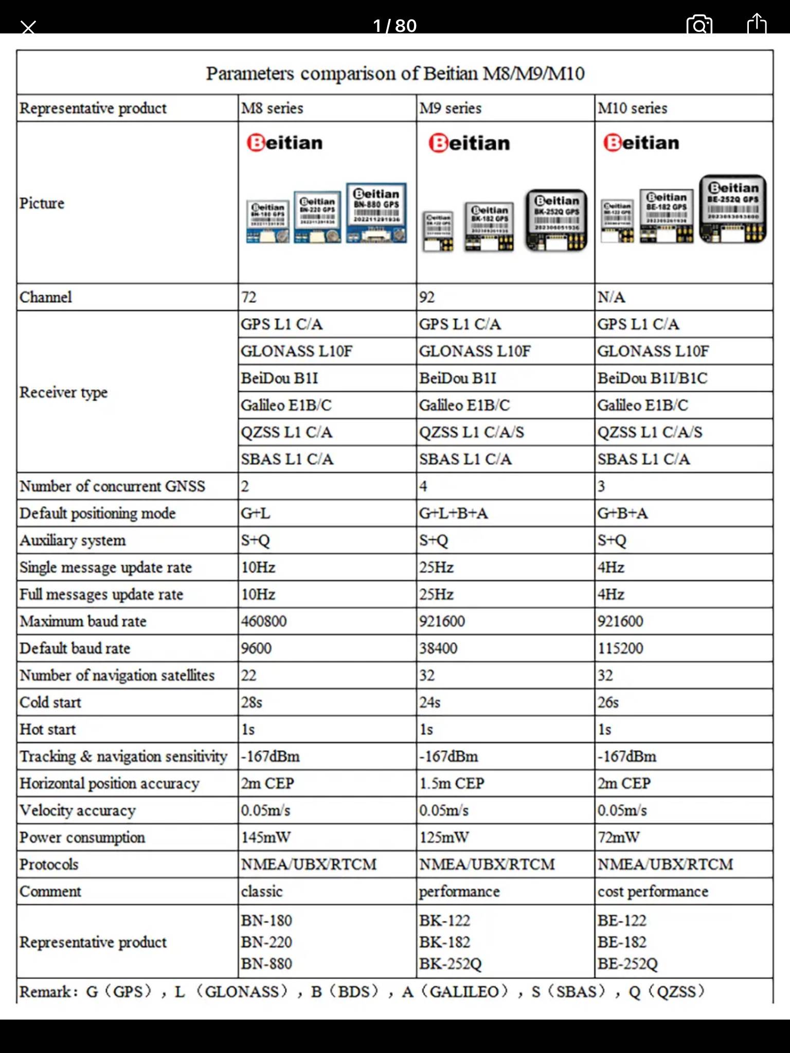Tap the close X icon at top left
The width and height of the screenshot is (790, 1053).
[29, 27]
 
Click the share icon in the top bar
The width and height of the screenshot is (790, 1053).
[756, 24]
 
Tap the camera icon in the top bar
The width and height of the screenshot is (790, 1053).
[699, 25]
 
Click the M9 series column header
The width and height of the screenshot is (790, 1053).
[451, 108]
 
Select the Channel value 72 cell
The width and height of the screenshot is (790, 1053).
[249, 297]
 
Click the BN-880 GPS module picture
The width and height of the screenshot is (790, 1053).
[376, 213]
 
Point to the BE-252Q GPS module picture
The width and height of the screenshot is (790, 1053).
[732, 209]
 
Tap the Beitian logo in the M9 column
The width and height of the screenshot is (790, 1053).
[469, 143]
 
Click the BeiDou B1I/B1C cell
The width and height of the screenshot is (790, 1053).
[652, 378]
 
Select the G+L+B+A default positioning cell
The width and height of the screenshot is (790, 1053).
[454, 513]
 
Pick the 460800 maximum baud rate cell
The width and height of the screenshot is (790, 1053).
[264, 621]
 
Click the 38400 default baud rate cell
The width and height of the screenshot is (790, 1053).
[438, 648]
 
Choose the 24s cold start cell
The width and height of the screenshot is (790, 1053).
[430, 702]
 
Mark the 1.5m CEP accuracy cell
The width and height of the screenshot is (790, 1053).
[452, 783]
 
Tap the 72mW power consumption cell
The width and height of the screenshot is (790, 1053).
[619, 837]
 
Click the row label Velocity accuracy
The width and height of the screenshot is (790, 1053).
[78, 810]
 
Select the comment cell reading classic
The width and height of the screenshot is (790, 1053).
[262, 891]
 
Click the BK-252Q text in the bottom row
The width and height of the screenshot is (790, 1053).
[451, 964]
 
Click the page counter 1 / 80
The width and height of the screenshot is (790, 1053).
[394, 26]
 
